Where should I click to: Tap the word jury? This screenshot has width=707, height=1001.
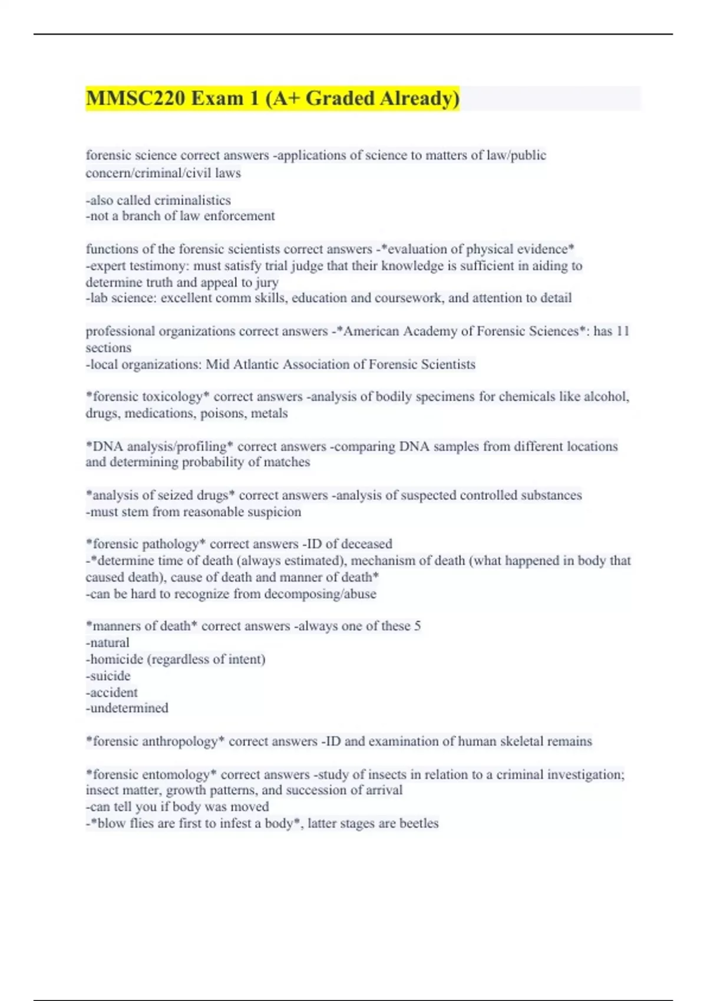point(267,282)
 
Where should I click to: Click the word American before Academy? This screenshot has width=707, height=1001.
point(371,331)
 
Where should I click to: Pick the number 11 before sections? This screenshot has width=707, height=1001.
point(623,331)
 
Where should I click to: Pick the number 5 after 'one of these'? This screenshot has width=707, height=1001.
point(417,626)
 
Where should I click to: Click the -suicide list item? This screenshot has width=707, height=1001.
point(108,675)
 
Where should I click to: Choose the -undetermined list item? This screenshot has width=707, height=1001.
point(127,708)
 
